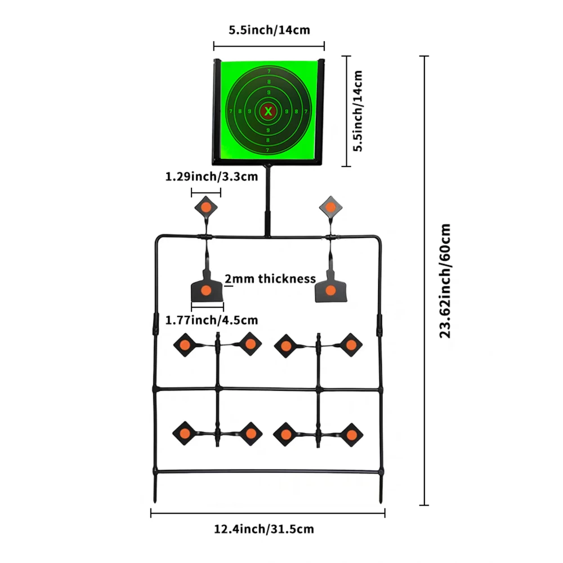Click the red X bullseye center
[x=268, y=111]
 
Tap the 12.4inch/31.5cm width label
[x=264, y=529]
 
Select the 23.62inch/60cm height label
[x=445, y=281]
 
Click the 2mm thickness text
[x=270, y=279]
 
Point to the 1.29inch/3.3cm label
[x=212, y=177]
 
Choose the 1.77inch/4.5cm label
[x=212, y=320]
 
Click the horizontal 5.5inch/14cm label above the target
[x=269, y=30]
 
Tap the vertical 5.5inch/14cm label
[x=358, y=111]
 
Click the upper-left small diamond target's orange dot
[x=205, y=207]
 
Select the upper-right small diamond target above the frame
[x=330, y=207]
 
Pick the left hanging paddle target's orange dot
[x=205, y=291]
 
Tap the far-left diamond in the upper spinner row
[x=185, y=345]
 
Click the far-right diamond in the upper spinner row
[x=351, y=345]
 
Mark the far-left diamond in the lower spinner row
[x=185, y=434]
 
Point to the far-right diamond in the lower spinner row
[x=351, y=435]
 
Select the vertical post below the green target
[x=267, y=201]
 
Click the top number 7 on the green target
[x=269, y=71]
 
